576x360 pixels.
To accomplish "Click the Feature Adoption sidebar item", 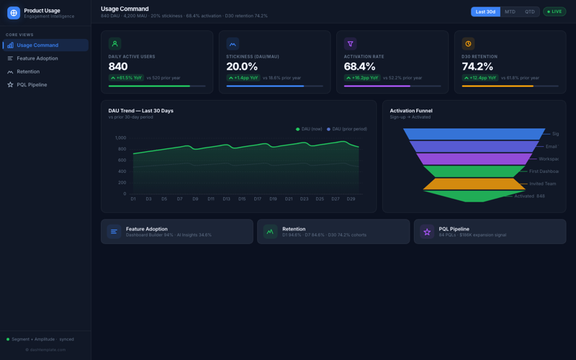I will (37, 58).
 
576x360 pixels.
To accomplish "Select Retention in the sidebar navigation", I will (28, 71).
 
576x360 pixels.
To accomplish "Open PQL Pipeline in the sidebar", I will (32, 85).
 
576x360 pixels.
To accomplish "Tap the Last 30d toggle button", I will (485, 12).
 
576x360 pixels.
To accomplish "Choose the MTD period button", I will (510, 12).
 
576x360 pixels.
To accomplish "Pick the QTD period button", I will (530, 12).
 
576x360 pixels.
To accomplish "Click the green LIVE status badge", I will (554, 12).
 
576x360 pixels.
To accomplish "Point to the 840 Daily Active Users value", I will (118, 67).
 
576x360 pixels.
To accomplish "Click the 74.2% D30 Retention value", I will (478, 67).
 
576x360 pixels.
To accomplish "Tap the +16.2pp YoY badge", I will (362, 78).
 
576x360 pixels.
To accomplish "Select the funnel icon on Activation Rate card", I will (351, 44).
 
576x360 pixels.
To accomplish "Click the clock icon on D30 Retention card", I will (468, 44).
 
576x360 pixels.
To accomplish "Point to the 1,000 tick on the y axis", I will (120, 138).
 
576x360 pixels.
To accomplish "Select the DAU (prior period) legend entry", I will (347, 129).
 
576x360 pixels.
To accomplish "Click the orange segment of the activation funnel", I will (474, 184).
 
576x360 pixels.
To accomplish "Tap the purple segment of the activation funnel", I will (474, 159).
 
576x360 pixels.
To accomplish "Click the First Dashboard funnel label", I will (543, 171).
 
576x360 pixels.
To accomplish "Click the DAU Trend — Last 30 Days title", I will (140, 111).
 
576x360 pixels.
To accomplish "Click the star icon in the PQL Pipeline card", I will (427, 232).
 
